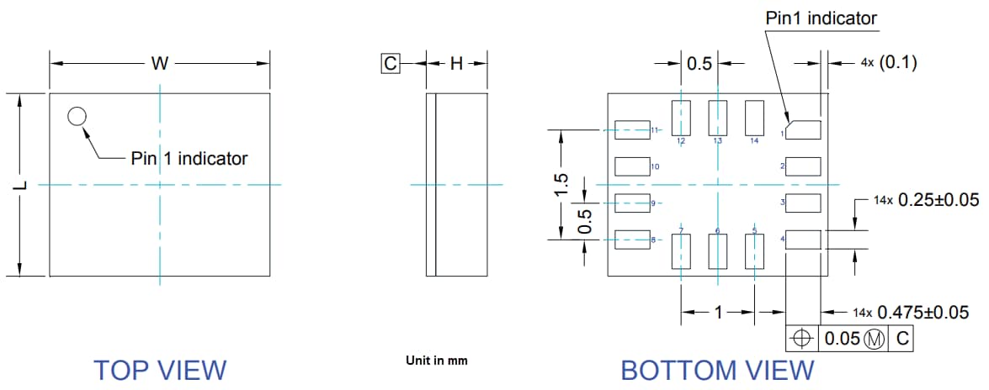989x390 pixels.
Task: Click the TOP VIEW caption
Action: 159,370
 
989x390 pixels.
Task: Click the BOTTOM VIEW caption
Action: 717,370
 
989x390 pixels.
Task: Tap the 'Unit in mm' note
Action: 436,361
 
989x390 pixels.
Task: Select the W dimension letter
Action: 159,64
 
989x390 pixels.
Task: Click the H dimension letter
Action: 455,64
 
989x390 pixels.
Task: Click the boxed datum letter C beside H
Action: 390,64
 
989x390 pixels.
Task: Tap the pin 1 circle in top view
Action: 77,117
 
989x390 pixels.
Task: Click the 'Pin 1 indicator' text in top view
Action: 189,158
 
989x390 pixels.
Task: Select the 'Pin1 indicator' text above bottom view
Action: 821,18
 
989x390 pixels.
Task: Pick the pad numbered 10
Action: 632,166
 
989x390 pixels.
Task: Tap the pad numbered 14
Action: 754,118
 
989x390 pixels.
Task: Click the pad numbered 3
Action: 803,203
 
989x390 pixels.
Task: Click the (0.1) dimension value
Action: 898,63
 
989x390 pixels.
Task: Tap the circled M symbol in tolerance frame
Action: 875,339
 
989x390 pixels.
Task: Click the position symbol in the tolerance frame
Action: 802,339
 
